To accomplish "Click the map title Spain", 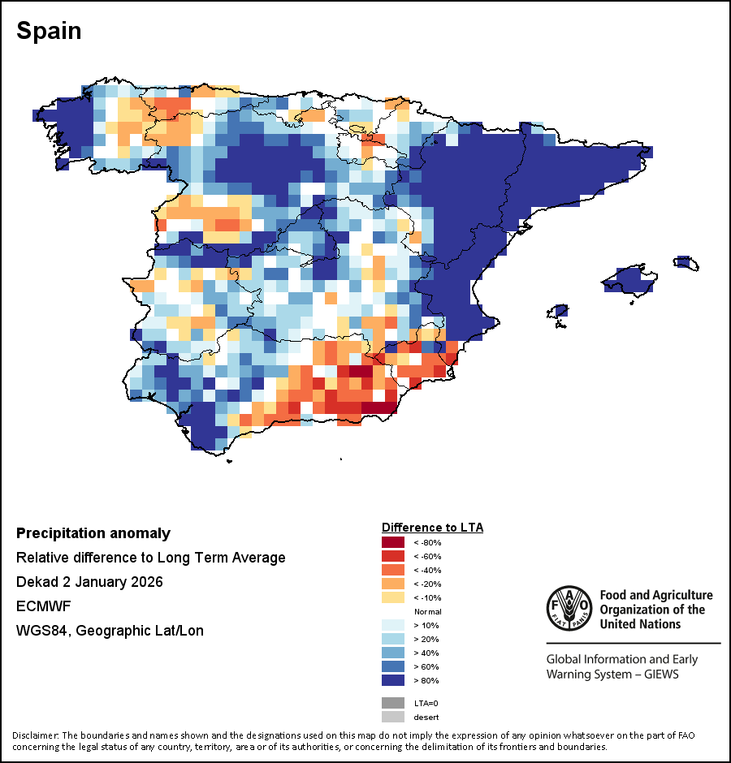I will (x=49, y=31).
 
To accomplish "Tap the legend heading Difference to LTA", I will (x=432, y=527).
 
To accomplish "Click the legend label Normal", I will (x=427, y=611).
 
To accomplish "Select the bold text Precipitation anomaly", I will (x=93, y=533).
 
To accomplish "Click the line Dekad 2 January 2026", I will (x=89, y=582).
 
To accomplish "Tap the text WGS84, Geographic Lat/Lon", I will (x=110, y=630).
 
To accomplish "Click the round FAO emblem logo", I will (x=569, y=608).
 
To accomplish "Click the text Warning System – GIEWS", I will (x=612, y=675).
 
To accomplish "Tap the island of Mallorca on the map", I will (x=629, y=281).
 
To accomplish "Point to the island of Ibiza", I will (x=558, y=312).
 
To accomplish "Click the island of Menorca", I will (x=685, y=262).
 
